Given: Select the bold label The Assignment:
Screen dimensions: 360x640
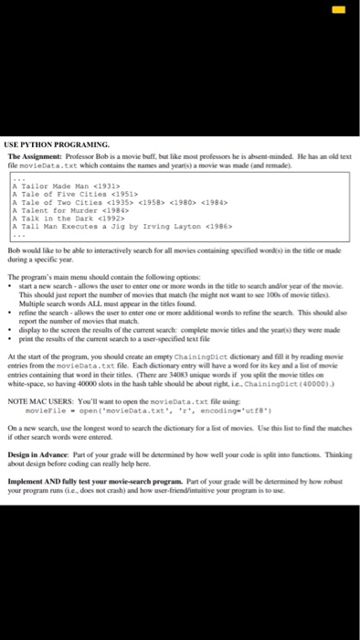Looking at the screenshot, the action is pyautogui.click(x=36, y=157).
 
